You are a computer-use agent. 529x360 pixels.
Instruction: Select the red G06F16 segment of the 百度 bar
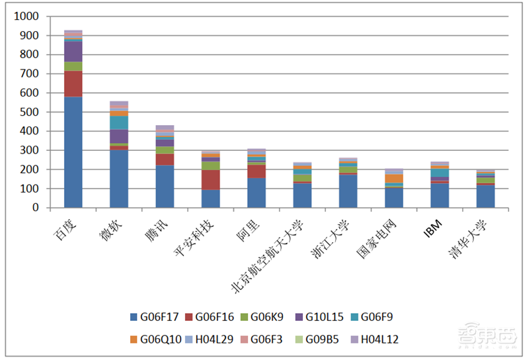pos(73,84)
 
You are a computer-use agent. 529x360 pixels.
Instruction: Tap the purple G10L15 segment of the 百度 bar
pos(73,52)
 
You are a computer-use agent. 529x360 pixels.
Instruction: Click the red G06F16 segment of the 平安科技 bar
pos(210,180)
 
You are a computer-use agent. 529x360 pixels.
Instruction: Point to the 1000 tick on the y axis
pos(28,17)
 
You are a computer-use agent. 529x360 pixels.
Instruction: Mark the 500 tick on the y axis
pos(30,112)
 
